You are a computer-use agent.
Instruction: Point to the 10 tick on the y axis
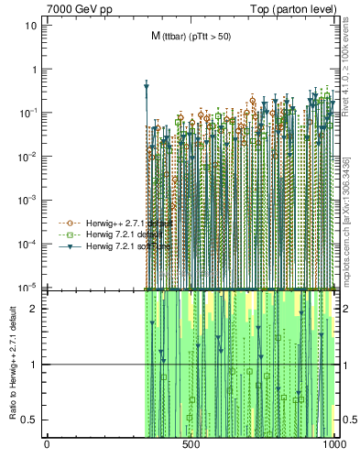(x=30, y=26)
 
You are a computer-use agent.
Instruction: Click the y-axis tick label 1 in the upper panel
(x=33, y=69)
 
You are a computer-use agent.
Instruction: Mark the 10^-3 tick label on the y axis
(x=27, y=200)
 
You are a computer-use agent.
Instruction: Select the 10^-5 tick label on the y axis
(x=27, y=287)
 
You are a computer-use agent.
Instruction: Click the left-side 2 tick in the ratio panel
(x=34, y=309)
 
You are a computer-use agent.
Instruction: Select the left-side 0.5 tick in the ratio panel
(x=30, y=420)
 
